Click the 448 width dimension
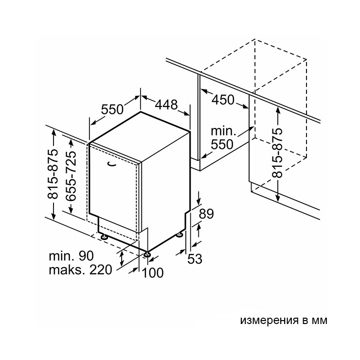(x=166, y=105)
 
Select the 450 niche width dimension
(x=223, y=100)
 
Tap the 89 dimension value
(x=206, y=214)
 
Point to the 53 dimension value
(x=195, y=259)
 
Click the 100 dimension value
(x=153, y=273)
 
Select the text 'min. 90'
(x=72, y=256)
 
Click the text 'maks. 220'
(x=80, y=270)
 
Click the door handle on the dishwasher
(x=112, y=163)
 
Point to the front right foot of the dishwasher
(x=147, y=254)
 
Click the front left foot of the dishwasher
(x=104, y=236)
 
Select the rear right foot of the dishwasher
(x=180, y=234)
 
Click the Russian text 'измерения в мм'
(x=284, y=320)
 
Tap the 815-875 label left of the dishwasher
(x=53, y=174)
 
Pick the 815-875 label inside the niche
(x=277, y=153)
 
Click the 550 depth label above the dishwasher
(x=112, y=109)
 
